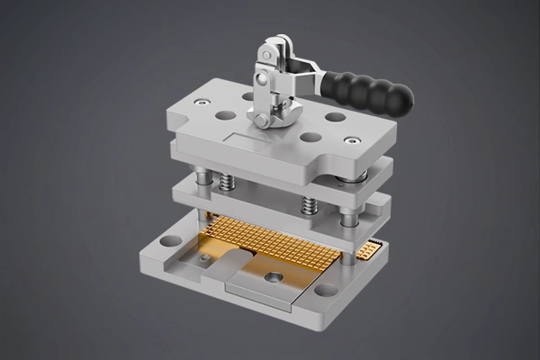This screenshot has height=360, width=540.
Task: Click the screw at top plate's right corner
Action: point(349,140)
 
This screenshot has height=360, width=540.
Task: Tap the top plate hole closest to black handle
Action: point(334,117)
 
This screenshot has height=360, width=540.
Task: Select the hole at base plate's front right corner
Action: point(324,291)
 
